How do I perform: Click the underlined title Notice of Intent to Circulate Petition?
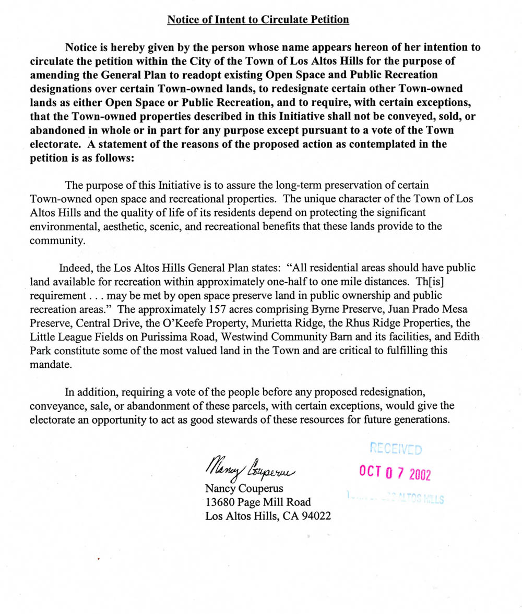pos(258,20)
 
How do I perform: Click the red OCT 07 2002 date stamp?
pos(394,473)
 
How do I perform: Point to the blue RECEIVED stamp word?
pos(396,448)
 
